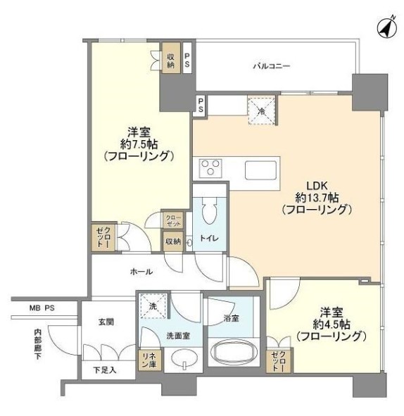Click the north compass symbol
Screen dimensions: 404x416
(387, 27)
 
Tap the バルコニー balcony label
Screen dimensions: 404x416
(272, 66)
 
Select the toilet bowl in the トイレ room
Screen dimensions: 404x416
(209, 211)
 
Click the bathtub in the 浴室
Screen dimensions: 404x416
(233, 352)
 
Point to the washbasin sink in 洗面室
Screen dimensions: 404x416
(184, 358)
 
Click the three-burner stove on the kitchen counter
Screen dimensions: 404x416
(210, 168)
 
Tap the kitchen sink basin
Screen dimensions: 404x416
(260, 170)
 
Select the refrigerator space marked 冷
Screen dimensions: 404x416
(262, 111)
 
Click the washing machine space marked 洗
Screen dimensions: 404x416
(153, 305)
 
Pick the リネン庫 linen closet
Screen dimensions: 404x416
(149, 360)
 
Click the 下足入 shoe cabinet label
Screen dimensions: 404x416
(105, 370)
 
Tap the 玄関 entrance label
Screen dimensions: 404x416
(106, 322)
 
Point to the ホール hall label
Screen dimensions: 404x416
(141, 272)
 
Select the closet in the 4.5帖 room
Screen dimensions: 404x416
(278, 360)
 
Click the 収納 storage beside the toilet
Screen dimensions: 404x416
(173, 241)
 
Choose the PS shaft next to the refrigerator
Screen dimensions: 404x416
(201, 105)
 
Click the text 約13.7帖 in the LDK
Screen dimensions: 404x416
(317, 198)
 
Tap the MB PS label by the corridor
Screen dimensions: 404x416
(42, 308)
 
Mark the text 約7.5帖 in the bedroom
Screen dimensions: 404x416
(139, 144)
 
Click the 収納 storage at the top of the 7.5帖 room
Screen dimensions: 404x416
(171, 58)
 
